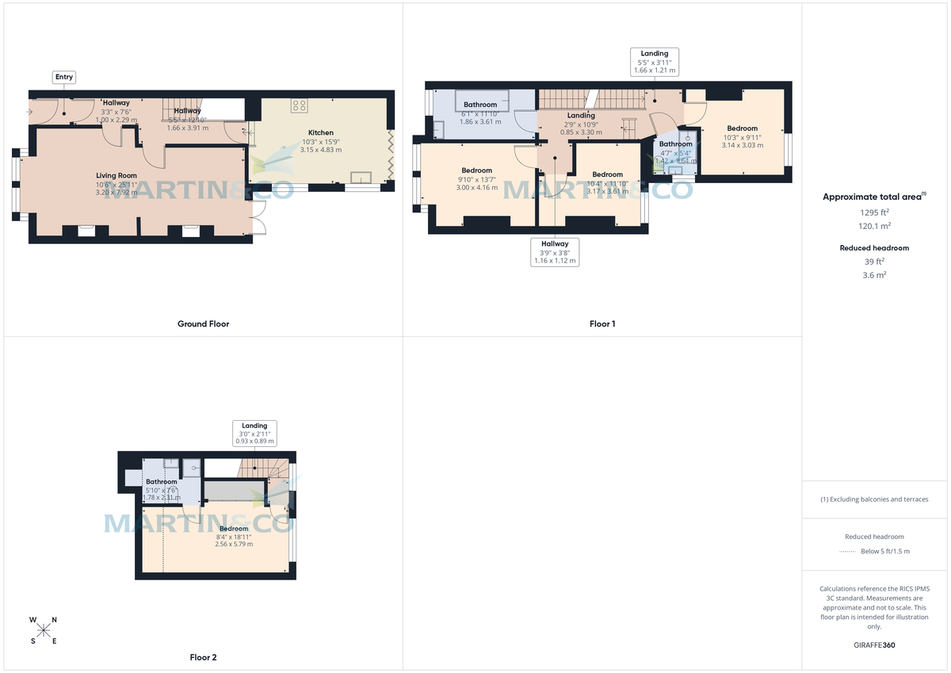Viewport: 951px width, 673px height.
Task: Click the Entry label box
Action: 64,77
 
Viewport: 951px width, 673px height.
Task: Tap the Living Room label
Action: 116,176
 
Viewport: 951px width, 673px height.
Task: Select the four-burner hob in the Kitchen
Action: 300,107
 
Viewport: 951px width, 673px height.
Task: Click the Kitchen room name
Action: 321,132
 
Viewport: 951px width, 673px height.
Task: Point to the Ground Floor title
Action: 203,323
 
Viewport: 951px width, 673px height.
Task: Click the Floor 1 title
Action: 602,323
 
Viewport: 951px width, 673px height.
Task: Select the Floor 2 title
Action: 203,657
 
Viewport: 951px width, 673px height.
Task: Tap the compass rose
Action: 44,630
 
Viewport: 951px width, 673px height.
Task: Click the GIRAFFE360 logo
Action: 875,645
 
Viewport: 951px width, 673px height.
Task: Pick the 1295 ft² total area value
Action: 875,212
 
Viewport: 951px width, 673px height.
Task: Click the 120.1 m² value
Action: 875,225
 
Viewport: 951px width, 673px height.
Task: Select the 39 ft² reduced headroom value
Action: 875,262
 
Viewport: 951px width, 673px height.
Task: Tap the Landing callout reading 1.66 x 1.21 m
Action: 654,62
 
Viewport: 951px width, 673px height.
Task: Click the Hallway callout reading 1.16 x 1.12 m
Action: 555,252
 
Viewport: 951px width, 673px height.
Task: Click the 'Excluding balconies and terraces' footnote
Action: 875,499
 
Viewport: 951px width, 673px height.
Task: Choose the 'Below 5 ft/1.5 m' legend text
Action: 884,552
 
